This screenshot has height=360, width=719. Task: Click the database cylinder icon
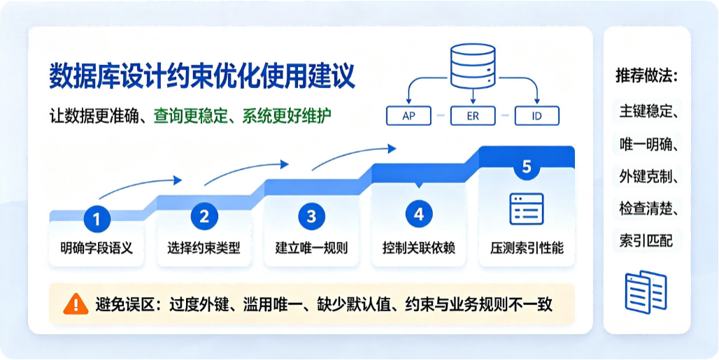pos(473,66)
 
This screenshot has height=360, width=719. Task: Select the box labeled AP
pos(408,116)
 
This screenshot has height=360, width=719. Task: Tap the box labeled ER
pos(473,116)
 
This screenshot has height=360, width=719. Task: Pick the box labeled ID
pos(537,116)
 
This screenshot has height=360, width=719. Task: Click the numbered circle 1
pos(97,219)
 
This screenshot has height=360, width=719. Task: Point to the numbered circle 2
pos(204,216)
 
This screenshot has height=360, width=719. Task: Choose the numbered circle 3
pos(312,216)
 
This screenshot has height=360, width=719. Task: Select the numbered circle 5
pos(527,166)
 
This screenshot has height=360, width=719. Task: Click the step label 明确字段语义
pos(97,249)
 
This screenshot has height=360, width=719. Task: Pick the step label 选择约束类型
pos(204,249)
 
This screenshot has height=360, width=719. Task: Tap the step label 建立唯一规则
pos(312,249)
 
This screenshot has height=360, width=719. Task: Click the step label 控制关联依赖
pos(419,249)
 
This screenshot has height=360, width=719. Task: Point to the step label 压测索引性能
pos(527,249)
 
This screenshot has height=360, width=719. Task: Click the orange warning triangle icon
pos(76,303)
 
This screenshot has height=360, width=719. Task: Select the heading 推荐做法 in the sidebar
pos(647,76)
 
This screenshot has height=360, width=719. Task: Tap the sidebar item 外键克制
pos(647,177)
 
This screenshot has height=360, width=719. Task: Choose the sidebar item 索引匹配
pos(643,241)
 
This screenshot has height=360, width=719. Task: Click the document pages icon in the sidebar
pos(646,291)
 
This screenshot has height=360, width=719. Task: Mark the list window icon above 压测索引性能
pos(527,208)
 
